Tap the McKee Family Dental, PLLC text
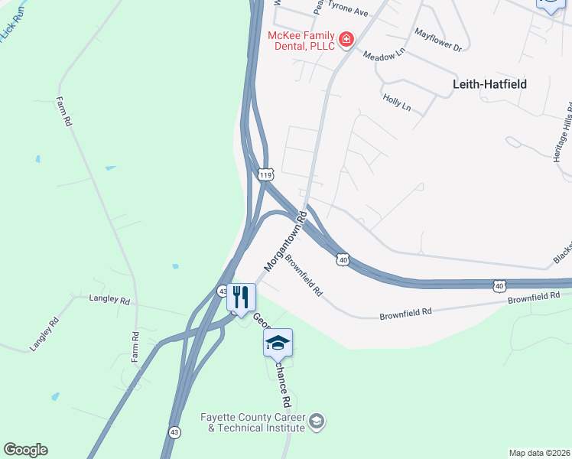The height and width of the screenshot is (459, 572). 301,41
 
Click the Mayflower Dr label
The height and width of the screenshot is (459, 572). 437,40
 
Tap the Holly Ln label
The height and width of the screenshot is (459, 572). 397,103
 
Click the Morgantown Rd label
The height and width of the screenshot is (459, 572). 285,240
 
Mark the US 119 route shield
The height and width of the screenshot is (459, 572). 265,175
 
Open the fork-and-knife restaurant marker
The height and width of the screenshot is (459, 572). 241,297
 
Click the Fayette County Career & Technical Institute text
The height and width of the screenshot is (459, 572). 252,422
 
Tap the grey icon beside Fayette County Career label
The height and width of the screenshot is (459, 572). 316,421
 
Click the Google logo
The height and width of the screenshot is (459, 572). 25,450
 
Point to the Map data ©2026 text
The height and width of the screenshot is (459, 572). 540,453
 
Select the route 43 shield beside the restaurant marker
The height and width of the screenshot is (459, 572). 222,291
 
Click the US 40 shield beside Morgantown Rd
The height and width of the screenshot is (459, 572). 343,261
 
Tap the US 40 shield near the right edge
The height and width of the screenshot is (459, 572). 499,285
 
